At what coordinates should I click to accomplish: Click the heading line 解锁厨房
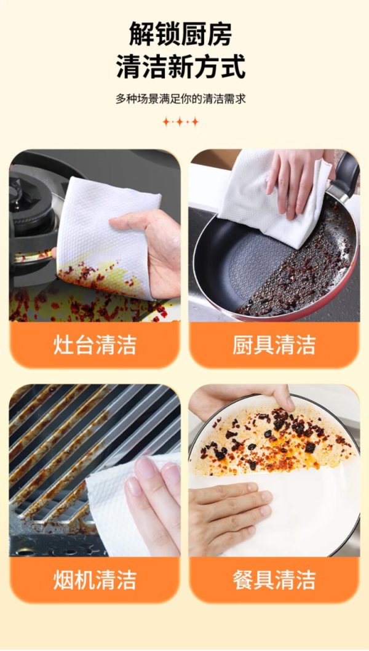(181, 34)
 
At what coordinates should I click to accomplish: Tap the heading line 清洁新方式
(181, 66)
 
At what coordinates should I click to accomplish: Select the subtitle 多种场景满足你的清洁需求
(181, 99)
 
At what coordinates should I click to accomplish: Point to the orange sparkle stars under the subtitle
(181, 122)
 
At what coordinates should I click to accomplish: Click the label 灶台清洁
(95, 345)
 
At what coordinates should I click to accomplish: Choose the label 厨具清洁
(274, 345)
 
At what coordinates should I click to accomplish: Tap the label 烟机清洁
(95, 580)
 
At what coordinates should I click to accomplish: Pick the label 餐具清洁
(274, 580)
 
